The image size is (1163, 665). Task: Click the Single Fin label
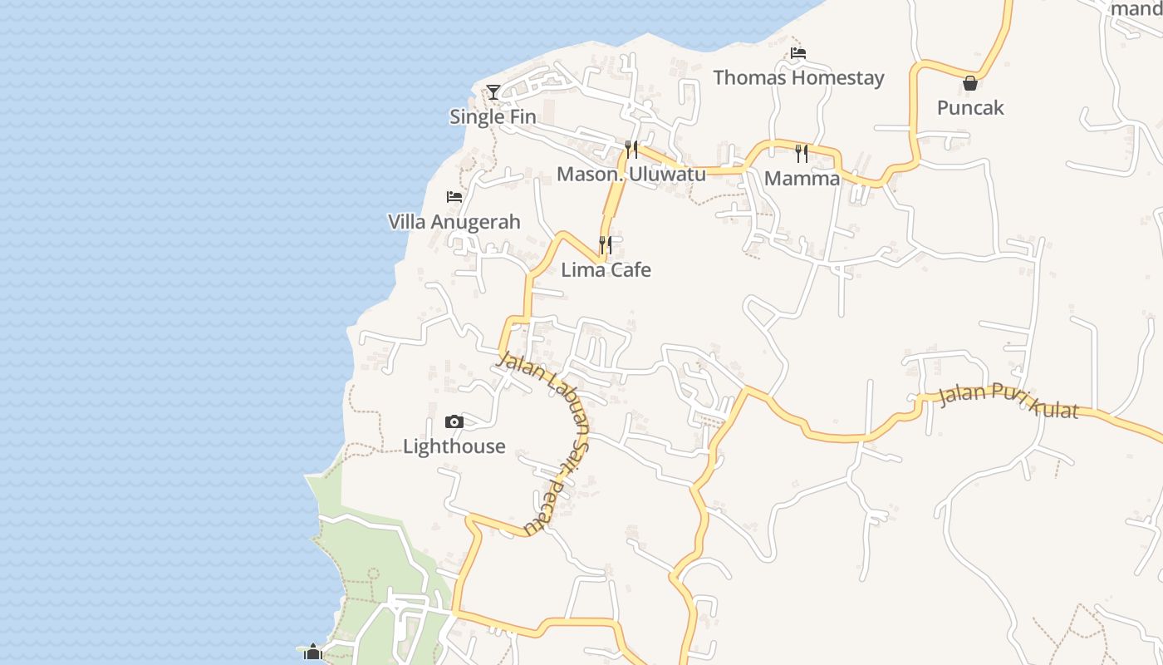[x=493, y=117]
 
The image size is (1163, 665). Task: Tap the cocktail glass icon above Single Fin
[x=493, y=91]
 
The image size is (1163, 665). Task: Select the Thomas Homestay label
[x=798, y=78]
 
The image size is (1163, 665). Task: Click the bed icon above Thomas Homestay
[x=798, y=53]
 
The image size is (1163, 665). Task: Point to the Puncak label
[x=970, y=108]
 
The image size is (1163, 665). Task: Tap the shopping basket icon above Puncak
[x=969, y=83]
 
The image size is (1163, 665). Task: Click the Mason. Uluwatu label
[x=631, y=175]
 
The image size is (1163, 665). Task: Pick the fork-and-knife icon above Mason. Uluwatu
[x=631, y=150]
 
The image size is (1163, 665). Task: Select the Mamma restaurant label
[x=802, y=179]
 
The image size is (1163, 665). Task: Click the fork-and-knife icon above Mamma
[x=801, y=153]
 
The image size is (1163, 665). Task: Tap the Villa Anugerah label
[x=454, y=222]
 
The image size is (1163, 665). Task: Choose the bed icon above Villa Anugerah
[x=454, y=197]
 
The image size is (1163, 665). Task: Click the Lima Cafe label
[x=606, y=270]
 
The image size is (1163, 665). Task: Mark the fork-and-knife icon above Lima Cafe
[x=606, y=245]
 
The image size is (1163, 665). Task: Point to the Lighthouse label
[x=454, y=446]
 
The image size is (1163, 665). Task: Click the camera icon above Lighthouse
[x=454, y=421]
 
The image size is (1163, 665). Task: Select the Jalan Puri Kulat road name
[x=1008, y=401]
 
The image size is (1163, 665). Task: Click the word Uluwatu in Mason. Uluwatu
[x=668, y=175]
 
